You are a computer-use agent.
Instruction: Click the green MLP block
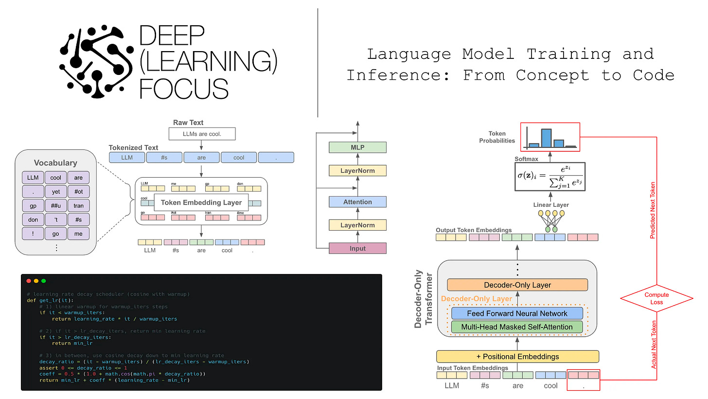click(357, 147)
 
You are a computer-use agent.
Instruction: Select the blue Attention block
click(357, 201)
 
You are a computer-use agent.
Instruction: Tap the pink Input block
click(357, 248)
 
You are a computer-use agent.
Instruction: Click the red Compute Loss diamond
click(656, 298)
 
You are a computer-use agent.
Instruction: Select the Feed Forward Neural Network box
click(517, 313)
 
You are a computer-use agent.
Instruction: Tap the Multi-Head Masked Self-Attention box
click(517, 327)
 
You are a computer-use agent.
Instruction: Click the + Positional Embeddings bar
click(517, 356)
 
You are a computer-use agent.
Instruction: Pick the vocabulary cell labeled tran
click(78, 206)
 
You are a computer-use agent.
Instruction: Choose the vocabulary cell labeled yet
click(56, 192)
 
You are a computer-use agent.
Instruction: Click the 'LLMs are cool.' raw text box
click(202, 134)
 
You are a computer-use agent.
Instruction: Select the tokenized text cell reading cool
click(239, 157)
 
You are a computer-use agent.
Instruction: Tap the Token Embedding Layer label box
click(201, 202)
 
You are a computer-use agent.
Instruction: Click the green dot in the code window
click(44, 281)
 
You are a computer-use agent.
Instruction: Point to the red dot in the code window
click(28, 281)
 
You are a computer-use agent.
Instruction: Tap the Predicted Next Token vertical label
click(653, 210)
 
